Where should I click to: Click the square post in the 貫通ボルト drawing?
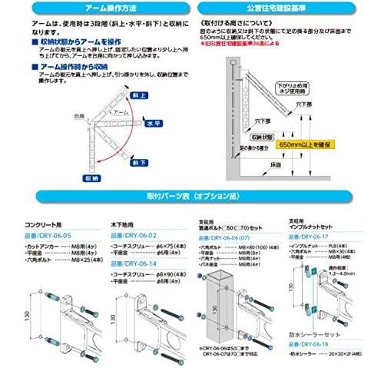click(x=217, y=307)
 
